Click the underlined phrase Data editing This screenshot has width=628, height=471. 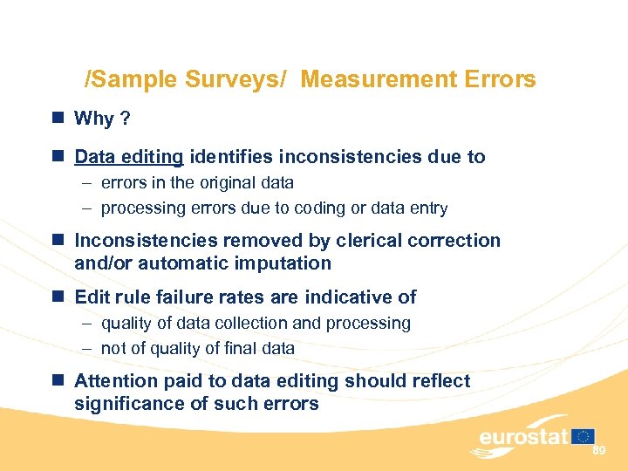[x=129, y=157]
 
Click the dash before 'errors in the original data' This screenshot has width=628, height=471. [x=88, y=183]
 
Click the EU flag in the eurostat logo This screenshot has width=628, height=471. [x=584, y=435]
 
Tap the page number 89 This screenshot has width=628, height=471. [x=598, y=451]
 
